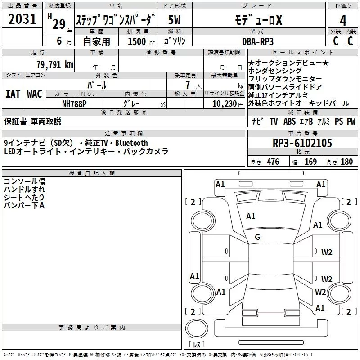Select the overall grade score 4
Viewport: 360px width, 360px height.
tap(343, 21)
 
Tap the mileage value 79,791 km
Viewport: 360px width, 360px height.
tap(54, 64)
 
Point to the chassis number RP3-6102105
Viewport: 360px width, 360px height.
tap(302, 144)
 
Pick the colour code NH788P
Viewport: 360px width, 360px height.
tap(75, 103)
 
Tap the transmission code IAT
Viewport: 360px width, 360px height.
tap(13, 94)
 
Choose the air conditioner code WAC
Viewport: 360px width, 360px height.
tap(35, 94)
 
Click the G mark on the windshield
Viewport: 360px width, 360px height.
tap(257, 237)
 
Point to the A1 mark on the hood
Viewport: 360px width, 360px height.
tap(251, 216)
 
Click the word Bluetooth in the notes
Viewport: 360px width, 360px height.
tap(131, 143)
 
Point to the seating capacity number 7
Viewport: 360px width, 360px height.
tap(186, 85)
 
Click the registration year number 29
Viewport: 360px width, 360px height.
tap(59, 24)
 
